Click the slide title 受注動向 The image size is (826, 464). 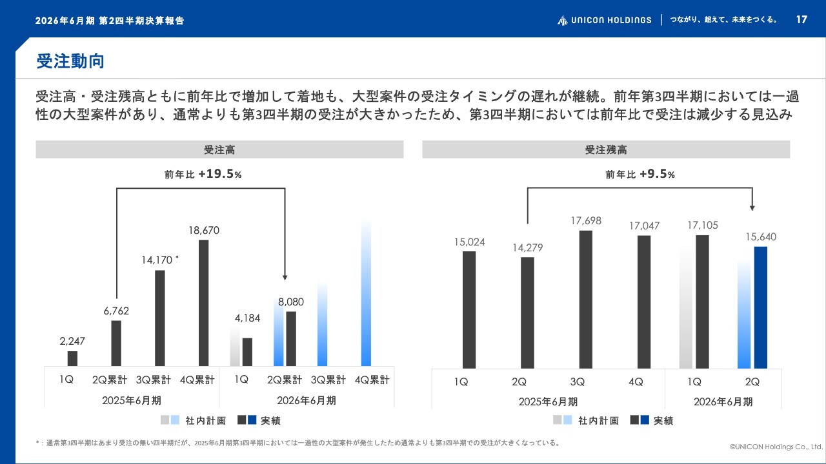point(70,61)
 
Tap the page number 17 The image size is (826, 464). point(801,19)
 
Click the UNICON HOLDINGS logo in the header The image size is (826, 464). point(605,20)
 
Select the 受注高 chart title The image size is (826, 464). point(219,150)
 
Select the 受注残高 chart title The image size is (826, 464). point(606,150)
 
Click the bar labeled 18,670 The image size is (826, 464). point(204,303)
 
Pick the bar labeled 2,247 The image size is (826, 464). point(72,358)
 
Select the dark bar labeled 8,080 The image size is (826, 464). point(291,338)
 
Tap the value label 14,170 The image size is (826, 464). point(157,260)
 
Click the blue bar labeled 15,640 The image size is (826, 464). point(761,307)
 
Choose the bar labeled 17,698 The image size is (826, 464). point(586,299)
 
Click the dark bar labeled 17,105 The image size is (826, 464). point(702,302)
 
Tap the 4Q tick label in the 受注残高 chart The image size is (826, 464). point(636,382)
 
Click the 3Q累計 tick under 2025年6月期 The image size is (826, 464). point(154,380)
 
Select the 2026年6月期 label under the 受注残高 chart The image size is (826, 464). point(723,401)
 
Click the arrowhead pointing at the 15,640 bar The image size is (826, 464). point(752,208)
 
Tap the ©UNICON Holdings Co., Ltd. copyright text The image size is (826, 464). point(776,446)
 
